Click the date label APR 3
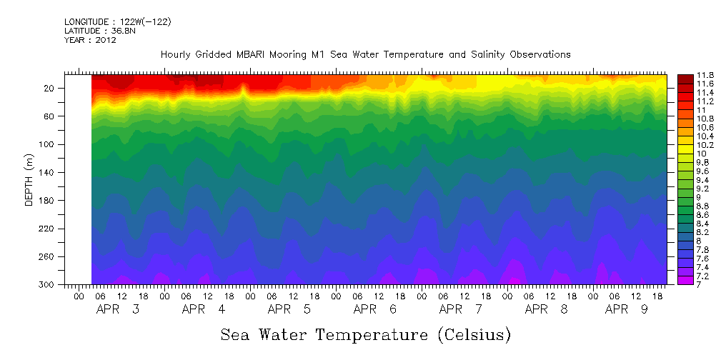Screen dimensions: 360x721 coord(118,309)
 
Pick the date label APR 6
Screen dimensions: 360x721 coord(375,309)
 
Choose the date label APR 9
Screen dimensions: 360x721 coord(627,309)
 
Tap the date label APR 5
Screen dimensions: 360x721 coord(289,309)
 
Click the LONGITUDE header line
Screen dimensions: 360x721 coord(117,22)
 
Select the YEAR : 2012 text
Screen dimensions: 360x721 coord(90,40)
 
